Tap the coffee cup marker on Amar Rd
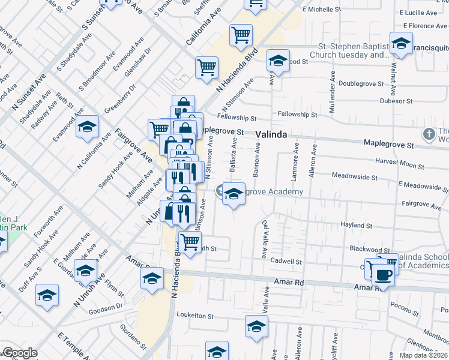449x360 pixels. pyautogui.click(x=382, y=275)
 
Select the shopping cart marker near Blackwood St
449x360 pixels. pyautogui.click(x=190, y=242)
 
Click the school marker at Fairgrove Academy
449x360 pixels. pyautogui.click(x=234, y=193)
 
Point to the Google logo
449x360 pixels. pyautogui.click(x=20, y=353)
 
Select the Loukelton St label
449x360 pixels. pyautogui.click(x=194, y=315)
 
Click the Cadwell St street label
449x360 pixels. pyautogui.click(x=286, y=261)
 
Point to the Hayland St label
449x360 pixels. pyautogui.click(x=357, y=226)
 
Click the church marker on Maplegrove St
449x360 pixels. pyautogui.click(x=429, y=134)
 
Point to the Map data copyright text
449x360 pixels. pyautogui.click(x=423, y=355)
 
